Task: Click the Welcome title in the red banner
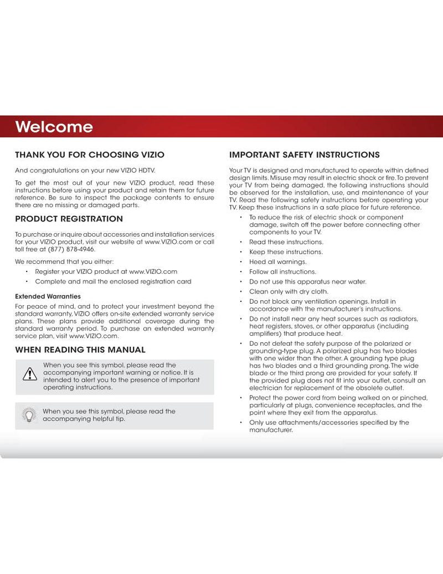[x=54, y=127]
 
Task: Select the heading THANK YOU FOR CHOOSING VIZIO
[x=89, y=155]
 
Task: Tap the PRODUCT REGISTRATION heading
[x=69, y=219]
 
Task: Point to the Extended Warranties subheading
[x=48, y=296]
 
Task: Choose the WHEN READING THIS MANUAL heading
[x=80, y=350]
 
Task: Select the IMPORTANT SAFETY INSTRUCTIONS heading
[x=305, y=155]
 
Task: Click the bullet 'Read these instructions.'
[x=286, y=242]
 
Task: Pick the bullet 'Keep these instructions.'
[x=286, y=252]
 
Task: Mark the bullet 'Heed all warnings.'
[x=277, y=262]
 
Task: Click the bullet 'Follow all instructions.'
[x=282, y=272]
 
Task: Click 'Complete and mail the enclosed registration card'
[x=113, y=281]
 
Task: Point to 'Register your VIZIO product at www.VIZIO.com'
[x=106, y=271]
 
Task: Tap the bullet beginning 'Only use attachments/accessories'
[x=329, y=426]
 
